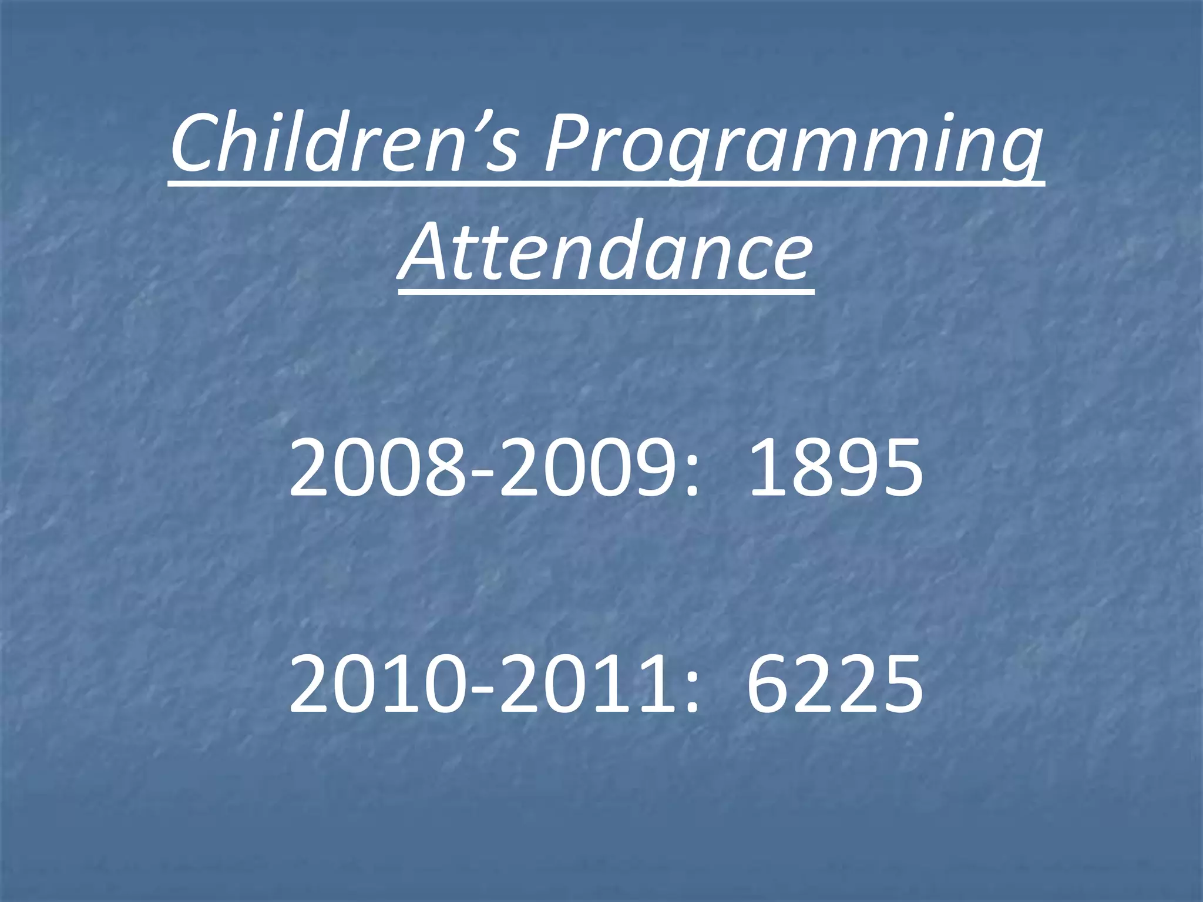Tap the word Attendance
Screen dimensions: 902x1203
(606, 253)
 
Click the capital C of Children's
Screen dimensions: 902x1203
(196, 144)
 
